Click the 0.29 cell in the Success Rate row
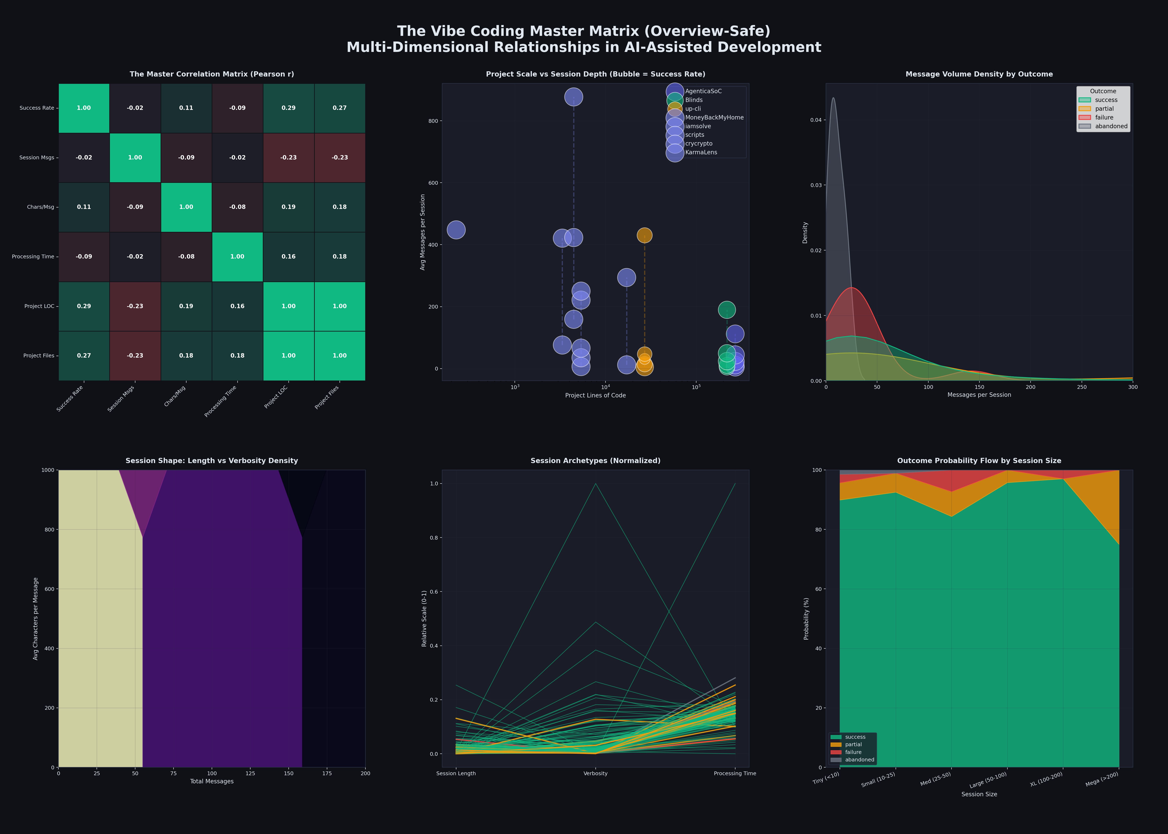289,108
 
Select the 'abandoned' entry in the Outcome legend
1111,126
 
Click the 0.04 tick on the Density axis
816,120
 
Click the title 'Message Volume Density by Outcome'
979,74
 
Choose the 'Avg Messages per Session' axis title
423,232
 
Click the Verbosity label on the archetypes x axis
595,773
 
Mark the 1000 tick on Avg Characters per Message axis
48,470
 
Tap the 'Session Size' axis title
979,794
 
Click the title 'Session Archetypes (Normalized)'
595,461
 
